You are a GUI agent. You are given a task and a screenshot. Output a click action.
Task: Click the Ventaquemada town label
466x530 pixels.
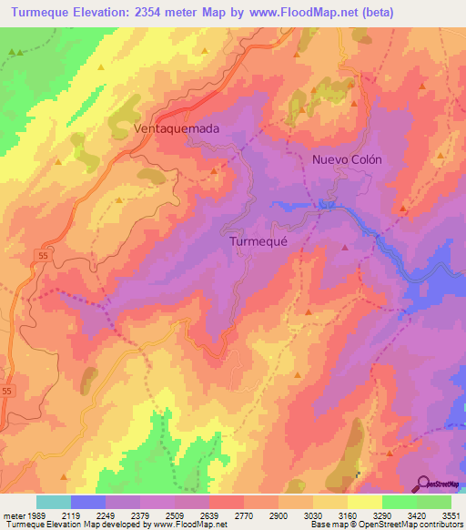pyautogui.click(x=177, y=129)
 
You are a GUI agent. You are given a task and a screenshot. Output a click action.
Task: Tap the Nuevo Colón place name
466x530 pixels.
pyautogui.click(x=347, y=158)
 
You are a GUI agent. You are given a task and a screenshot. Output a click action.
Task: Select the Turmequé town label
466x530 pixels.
pyautogui.click(x=258, y=241)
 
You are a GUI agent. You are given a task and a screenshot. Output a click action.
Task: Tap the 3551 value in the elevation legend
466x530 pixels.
pyautogui.click(x=451, y=515)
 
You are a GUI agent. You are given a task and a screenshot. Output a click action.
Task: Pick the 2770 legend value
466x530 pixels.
pyautogui.click(x=244, y=515)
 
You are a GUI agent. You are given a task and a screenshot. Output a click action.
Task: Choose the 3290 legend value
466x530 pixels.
pyautogui.click(x=381, y=515)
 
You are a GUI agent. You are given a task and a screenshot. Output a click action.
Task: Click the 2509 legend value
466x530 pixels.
pyautogui.click(x=175, y=515)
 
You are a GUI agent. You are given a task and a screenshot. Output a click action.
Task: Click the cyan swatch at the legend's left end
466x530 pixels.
pyautogui.click(x=54, y=502)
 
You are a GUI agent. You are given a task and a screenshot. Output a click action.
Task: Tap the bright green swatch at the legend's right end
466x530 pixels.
pyautogui.click(x=433, y=502)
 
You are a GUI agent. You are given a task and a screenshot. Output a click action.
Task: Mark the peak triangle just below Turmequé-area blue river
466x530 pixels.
pyautogui.click(x=345, y=248)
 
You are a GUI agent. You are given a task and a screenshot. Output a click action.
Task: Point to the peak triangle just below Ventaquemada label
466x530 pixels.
pyautogui.click(x=213, y=169)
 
